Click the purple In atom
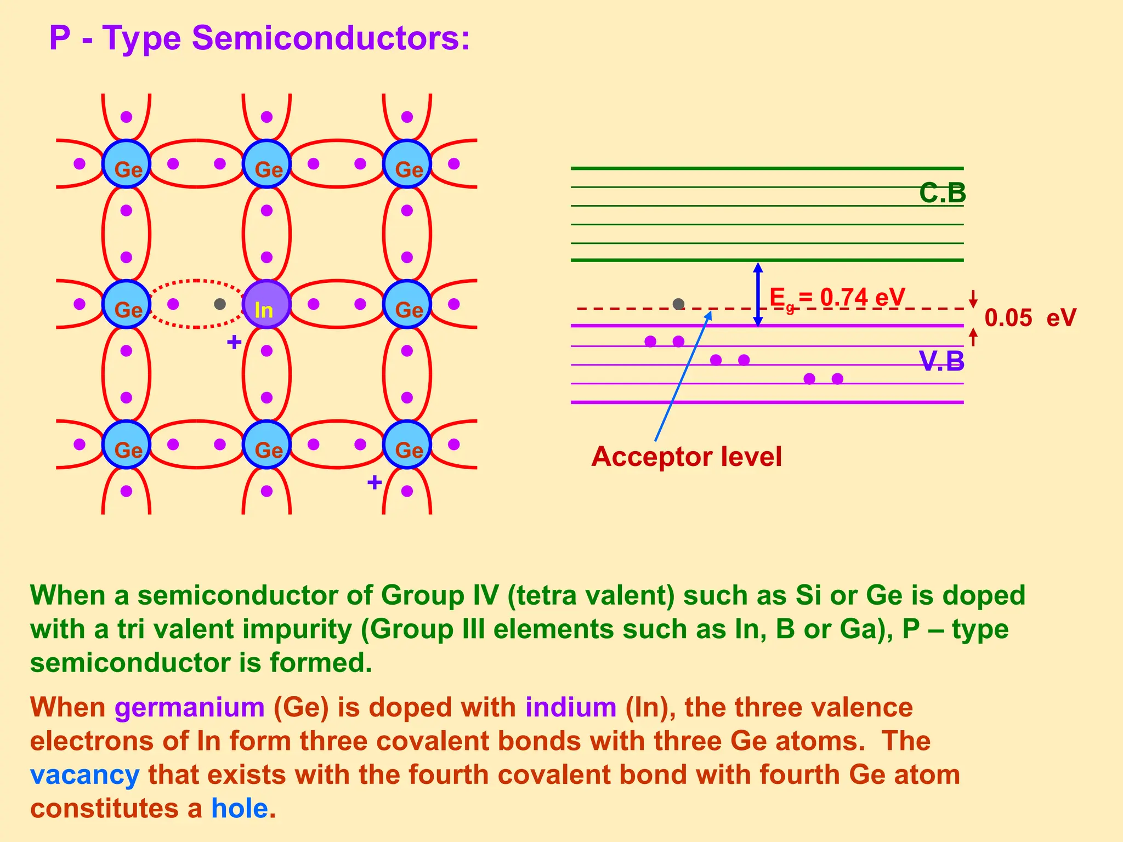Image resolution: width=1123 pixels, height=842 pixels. pos(266,304)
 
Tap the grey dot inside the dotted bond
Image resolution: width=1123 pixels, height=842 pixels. pos(220,304)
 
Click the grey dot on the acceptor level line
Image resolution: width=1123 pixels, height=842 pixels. pos(678,304)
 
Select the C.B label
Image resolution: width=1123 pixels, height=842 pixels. pos(942,194)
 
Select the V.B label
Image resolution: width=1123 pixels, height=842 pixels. pos(941,361)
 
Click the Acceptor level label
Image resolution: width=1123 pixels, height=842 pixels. pos(687,457)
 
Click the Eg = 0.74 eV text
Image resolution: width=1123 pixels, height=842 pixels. pos(837,298)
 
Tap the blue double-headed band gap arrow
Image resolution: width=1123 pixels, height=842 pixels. pos(758,294)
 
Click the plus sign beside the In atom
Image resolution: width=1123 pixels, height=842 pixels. pos(234,343)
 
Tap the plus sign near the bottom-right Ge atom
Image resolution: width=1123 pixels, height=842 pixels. pos(375,483)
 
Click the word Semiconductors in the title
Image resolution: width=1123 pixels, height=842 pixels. pos(331,39)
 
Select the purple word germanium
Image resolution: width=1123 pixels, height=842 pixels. pos(190,707)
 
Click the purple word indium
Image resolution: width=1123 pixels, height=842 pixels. pos(571,707)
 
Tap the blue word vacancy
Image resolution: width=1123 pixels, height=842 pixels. pos(85,775)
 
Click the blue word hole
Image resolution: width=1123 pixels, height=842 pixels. pos(240,809)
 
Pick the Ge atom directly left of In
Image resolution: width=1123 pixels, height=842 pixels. pos(127,304)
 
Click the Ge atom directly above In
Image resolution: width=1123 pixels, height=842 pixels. pos(266,164)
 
